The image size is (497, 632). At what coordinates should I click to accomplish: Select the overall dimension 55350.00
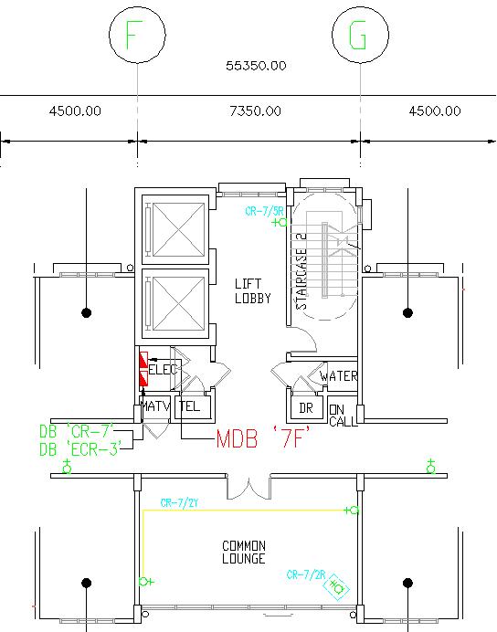256,66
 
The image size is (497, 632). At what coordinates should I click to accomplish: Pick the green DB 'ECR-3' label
80,448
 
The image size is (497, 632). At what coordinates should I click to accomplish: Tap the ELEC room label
164,370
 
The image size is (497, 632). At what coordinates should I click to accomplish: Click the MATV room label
154,406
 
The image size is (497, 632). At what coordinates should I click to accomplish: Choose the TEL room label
190,406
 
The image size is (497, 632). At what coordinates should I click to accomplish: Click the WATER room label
338,376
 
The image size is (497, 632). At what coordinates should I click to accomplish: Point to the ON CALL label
344,416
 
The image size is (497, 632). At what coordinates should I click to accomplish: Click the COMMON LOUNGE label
244,553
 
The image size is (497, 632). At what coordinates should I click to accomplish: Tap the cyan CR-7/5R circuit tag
263,211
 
